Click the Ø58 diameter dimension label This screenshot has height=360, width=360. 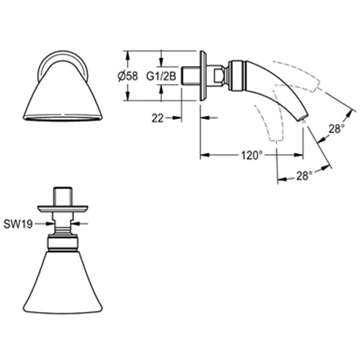click(127, 76)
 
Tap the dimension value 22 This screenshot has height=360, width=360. click(157, 118)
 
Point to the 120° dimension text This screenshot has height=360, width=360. click(251, 155)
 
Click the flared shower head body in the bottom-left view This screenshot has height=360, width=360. click(63, 283)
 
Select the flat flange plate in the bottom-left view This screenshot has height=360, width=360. click(63, 209)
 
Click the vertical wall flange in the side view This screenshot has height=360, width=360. click(203, 75)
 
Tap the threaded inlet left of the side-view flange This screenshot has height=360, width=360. click(190, 75)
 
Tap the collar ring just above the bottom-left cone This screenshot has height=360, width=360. click(63, 243)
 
